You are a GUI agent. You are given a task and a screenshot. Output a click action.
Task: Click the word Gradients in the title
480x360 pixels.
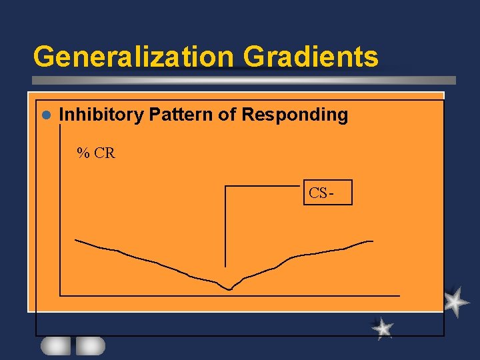[311, 57]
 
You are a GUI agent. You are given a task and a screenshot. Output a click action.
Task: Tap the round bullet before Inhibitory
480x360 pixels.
[46, 115]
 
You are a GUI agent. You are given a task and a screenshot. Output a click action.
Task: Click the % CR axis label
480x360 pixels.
[96, 153]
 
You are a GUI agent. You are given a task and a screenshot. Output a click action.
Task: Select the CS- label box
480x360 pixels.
[327, 193]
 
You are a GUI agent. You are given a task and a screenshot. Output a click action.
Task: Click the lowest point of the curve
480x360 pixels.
[229, 289]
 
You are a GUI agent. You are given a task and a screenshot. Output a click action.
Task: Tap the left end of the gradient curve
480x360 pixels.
[76, 239]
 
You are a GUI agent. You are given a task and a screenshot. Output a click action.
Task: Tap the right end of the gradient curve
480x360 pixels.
[372, 241]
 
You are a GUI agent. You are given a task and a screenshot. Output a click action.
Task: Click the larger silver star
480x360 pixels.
[455, 301]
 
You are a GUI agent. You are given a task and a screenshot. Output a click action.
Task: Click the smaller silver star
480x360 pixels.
[383, 328]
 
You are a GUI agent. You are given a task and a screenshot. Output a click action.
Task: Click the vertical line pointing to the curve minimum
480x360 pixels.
[225, 227]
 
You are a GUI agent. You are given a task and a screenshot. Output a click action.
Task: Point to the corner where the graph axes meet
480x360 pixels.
[61, 295]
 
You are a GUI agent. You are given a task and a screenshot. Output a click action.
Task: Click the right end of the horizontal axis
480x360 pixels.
[399, 295]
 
